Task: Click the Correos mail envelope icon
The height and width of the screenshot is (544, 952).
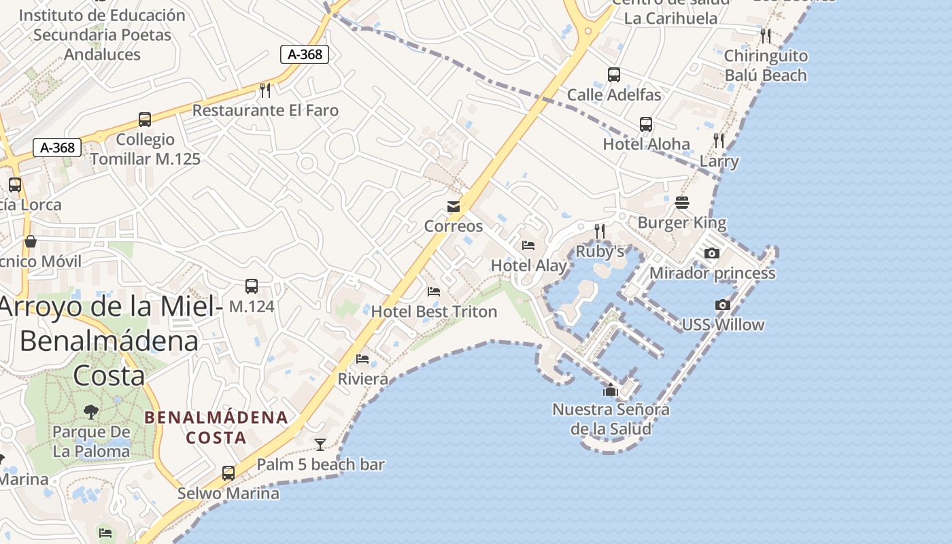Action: point(454,207)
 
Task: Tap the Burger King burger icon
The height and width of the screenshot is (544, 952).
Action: point(682,203)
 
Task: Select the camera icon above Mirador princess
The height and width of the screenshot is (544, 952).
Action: point(712,253)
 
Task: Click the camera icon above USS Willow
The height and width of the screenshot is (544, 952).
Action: point(722,305)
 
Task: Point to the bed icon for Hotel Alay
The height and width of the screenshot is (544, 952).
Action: point(528,245)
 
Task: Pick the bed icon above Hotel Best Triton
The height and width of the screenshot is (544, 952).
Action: point(434,292)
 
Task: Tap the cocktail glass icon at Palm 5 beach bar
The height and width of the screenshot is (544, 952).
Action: point(320,444)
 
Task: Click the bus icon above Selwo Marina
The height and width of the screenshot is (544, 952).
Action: point(228,473)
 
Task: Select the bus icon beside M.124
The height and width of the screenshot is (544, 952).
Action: point(252,286)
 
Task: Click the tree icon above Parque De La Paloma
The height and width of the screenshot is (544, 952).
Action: point(90,411)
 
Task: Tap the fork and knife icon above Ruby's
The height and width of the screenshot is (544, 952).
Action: point(600,231)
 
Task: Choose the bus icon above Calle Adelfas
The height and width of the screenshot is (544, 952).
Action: point(614,75)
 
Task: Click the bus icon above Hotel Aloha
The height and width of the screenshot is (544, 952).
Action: point(646,124)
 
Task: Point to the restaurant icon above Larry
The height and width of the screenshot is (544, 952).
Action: point(719,141)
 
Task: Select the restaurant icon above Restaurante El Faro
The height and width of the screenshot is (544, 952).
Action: point(265,90)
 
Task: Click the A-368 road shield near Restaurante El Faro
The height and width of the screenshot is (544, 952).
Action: point(305,54)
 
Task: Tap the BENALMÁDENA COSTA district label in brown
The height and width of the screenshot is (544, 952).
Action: point(216,427)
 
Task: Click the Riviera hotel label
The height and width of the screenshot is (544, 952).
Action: point(363,379)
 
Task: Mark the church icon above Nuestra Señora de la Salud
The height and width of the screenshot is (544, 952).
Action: point(611,390)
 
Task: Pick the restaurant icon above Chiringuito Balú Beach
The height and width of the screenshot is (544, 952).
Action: point(766,35)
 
